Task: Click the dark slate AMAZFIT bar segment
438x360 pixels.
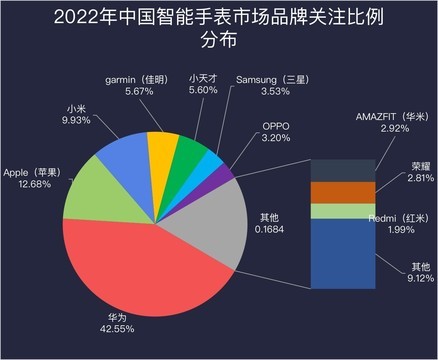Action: [x=343, y=169]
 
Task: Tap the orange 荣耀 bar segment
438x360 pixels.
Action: [x=343, y=191]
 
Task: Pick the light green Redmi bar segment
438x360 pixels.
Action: [x=343, y=210]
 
